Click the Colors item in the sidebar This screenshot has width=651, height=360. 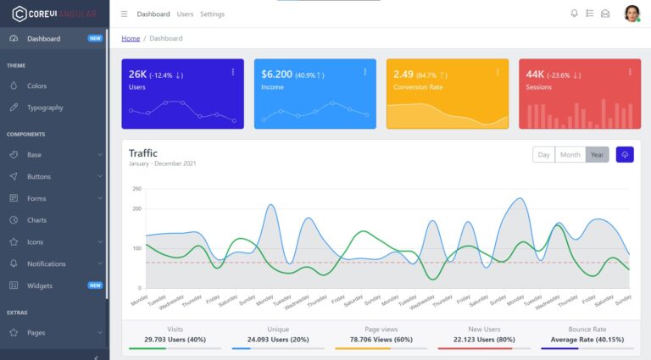36,86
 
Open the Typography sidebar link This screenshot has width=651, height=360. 44,108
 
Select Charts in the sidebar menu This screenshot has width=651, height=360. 36,220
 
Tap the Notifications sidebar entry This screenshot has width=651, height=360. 46,263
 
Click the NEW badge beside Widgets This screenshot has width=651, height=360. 95,285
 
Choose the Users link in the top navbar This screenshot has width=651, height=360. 185,14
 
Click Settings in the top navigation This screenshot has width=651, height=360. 212,14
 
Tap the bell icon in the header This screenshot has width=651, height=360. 574,14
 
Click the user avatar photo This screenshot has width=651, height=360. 632,14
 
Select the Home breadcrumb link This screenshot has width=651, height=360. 131,38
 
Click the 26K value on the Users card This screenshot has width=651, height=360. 137,75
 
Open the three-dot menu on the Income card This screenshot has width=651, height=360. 365,72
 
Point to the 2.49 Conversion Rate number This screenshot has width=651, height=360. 403,75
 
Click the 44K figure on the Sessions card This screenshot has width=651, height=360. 535,75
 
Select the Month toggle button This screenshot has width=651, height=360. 570,154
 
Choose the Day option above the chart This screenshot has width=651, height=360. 543,154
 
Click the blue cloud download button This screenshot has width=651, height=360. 625,154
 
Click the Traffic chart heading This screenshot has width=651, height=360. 143,152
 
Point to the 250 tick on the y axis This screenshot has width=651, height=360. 136,189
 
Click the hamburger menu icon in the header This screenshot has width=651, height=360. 125,14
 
